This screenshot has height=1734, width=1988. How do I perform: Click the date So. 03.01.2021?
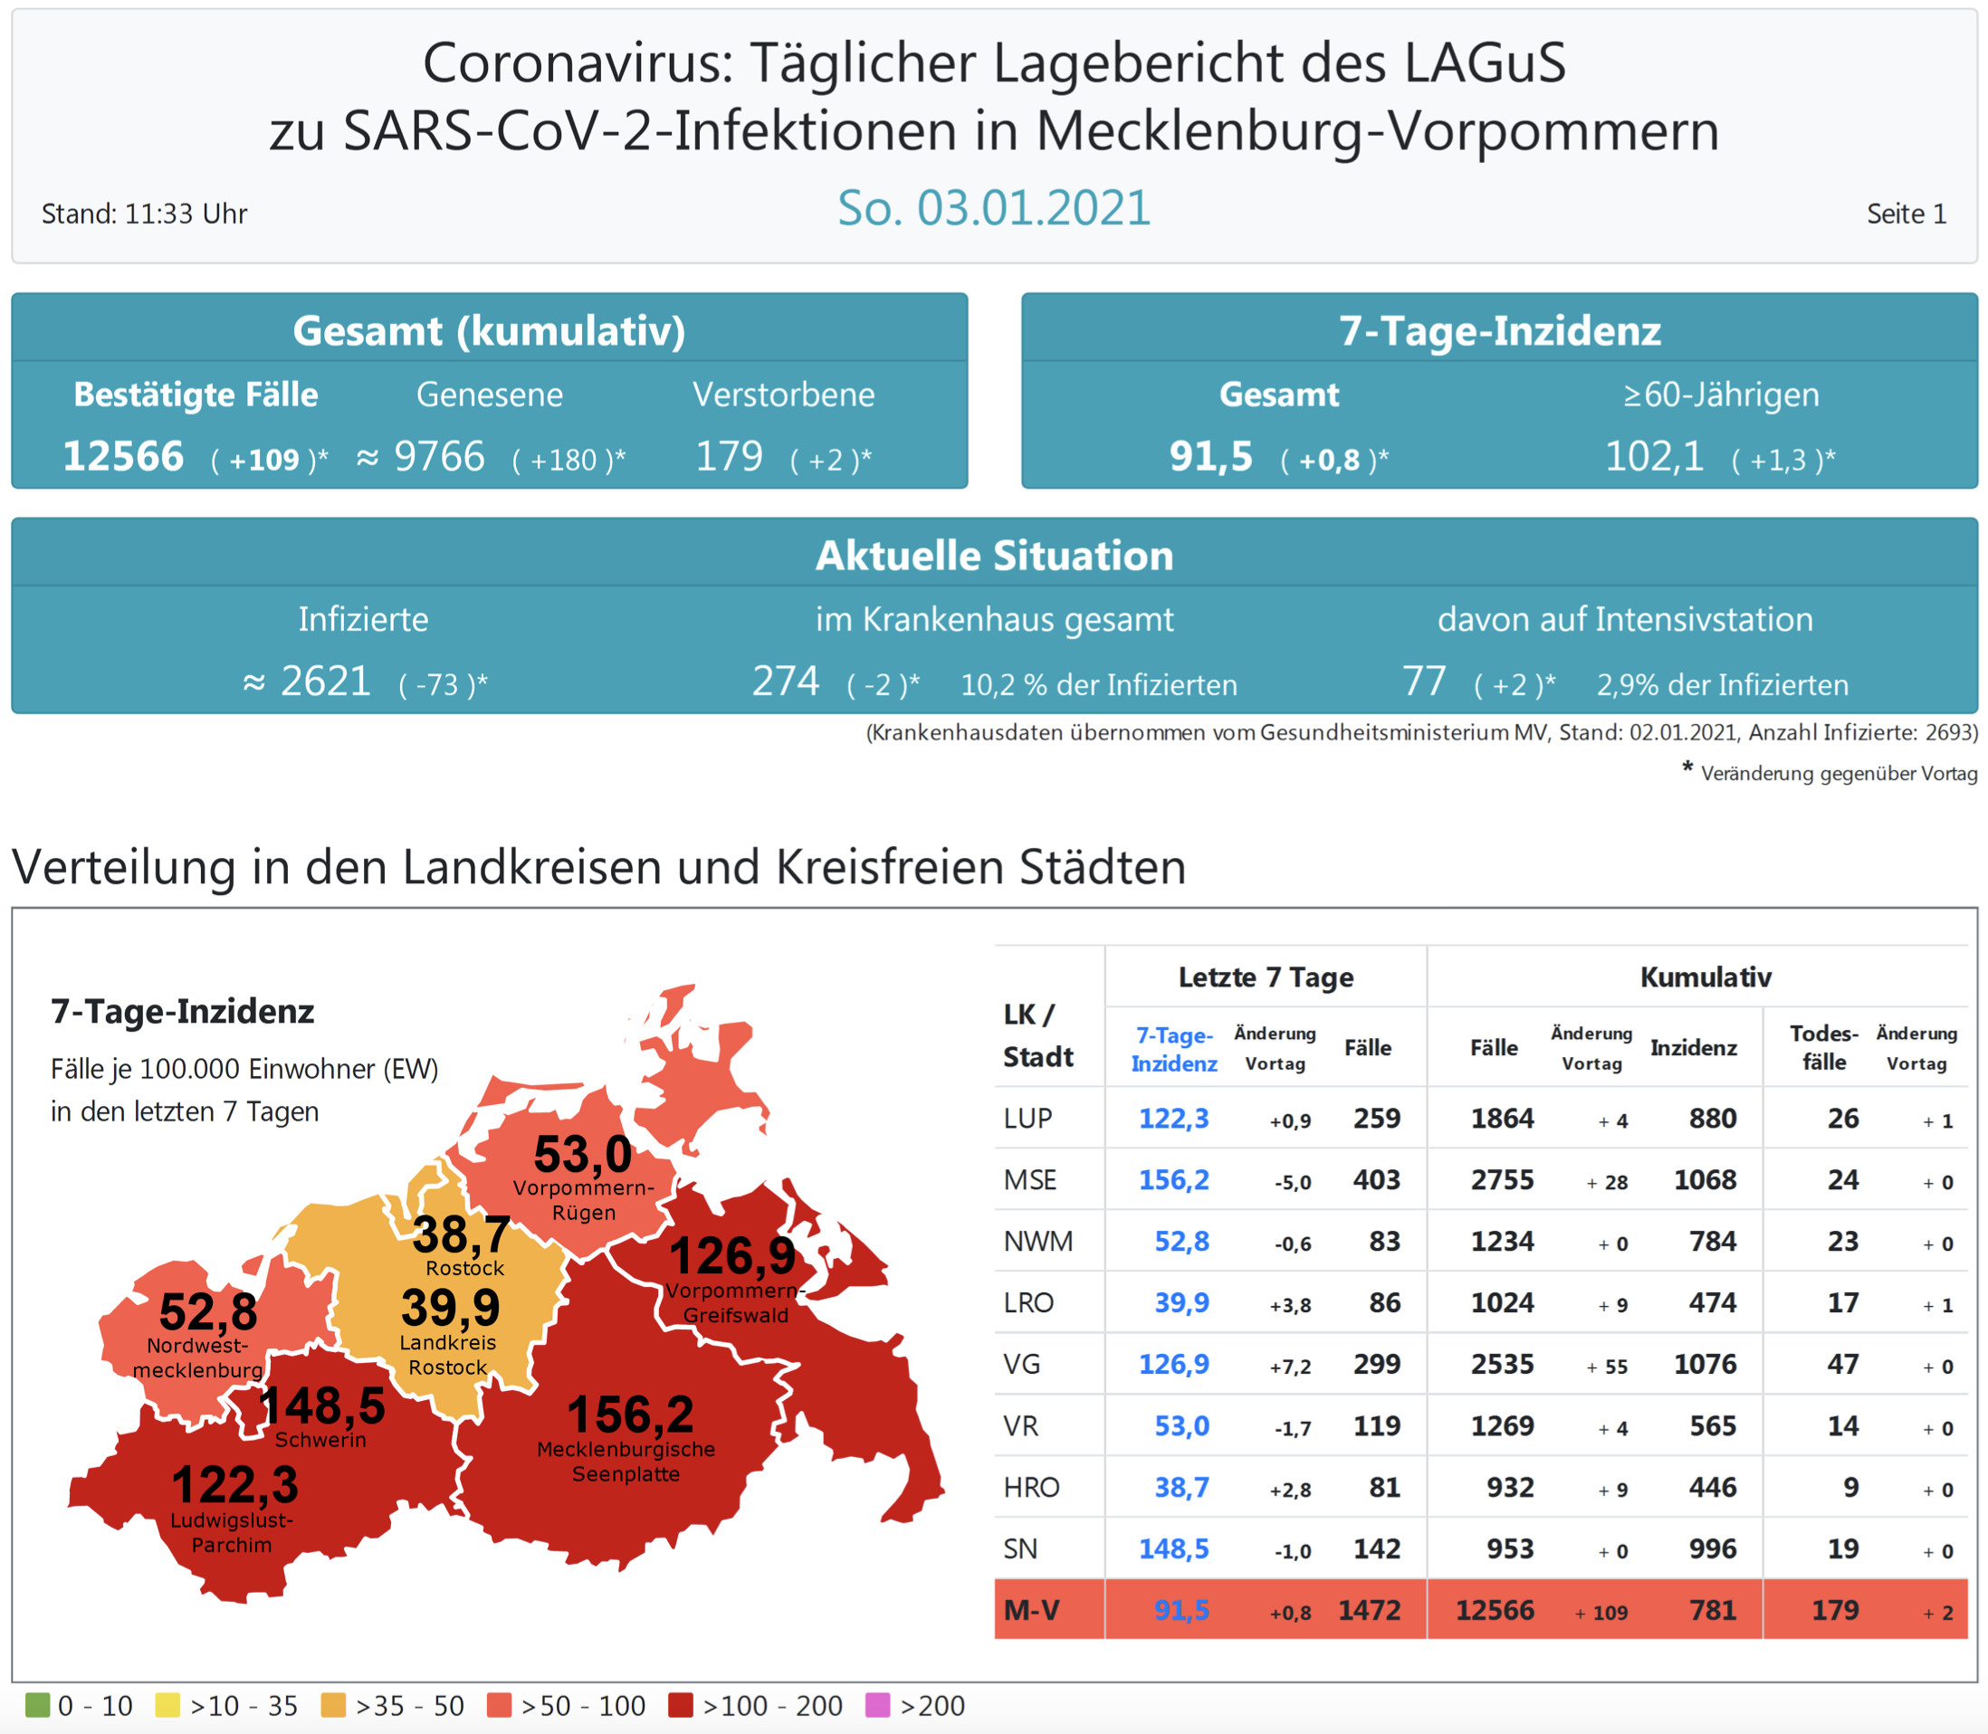[x=994, y=208]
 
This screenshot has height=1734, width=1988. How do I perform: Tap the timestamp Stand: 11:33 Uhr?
[x=144, y=214]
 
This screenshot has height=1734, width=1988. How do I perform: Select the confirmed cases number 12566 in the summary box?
[x=123, y=456]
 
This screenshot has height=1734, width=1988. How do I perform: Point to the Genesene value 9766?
[x=438, y=456]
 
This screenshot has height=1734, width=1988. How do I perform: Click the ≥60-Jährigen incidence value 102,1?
[x=1654, y=456]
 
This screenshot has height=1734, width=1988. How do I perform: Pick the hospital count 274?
[x=786, y=681]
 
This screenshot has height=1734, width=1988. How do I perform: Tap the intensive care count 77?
[x=1424, y=681]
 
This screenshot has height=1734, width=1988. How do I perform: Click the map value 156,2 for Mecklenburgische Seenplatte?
[x=630, y=1415]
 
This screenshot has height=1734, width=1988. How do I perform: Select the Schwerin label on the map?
[x=320, y=1440]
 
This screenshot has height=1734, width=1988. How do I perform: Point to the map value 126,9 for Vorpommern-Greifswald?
[x=732, y=1256]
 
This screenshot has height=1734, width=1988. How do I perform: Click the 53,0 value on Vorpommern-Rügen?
[x=583, y=1155]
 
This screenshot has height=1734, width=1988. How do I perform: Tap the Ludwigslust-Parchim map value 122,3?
[x=235, y=1484]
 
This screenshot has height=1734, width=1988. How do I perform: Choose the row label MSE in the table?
[x=1030, y=1180]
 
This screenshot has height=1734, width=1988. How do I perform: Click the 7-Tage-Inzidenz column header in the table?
[x=1174, y=1049]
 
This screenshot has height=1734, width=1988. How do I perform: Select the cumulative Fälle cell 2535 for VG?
[x=1502, y=1365]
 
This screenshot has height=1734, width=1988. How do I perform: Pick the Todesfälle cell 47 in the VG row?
[x=1843, y=1365]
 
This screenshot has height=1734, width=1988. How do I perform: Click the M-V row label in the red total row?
[x=1032, y=1610]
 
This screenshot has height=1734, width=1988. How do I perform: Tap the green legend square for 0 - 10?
[x=37, y=1705]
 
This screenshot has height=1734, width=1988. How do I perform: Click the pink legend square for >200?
[x=877, y=1705]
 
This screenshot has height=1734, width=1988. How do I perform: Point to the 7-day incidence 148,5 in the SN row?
[x=1174, y=1549]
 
